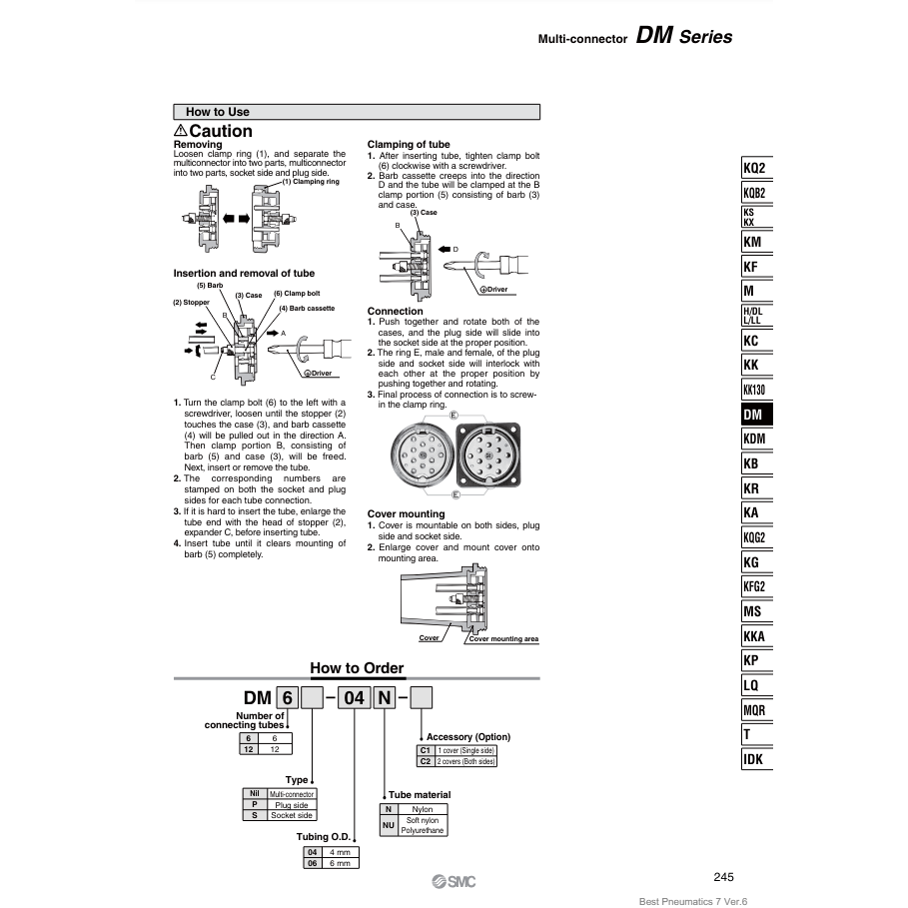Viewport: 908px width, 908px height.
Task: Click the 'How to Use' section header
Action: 218,112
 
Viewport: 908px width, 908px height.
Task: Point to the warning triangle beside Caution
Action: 180,132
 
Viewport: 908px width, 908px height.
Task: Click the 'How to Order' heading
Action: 357,668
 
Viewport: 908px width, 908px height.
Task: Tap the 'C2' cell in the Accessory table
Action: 425,761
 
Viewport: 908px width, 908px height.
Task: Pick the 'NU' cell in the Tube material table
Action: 389,825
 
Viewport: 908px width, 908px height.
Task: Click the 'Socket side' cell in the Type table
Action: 292,815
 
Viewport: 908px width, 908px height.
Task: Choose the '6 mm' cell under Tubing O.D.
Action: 340,863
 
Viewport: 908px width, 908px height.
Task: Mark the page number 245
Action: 725,877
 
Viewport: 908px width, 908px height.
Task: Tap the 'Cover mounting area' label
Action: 503,638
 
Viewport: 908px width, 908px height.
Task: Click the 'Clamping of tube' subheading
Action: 409,145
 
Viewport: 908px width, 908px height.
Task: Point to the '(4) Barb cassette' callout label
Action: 307,308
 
